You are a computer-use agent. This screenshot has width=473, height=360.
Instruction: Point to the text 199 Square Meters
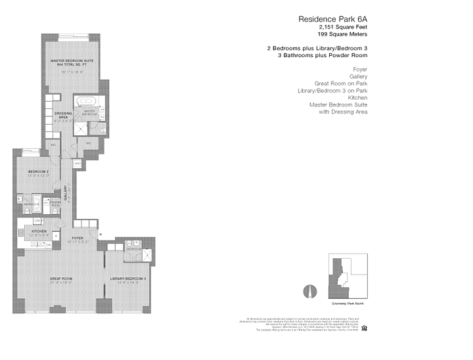pyautogui.click(x=342, y=34)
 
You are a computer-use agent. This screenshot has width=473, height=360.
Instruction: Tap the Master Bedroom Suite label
pyautogui.click(x=72, y=60)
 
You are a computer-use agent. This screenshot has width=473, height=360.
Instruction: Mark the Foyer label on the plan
pyautogui.click(x=78, y=237)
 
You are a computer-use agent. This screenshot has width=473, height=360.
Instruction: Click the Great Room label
pyautogui.click(x=61, y=279)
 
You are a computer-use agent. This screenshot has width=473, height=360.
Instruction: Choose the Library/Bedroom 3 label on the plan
pyautogui.click(x=129, y=279)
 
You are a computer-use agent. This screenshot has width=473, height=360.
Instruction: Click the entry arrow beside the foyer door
pyautogui.click(x=101, y=234)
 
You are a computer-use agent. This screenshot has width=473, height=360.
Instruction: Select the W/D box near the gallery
pyautogui.click(x=77, y=163)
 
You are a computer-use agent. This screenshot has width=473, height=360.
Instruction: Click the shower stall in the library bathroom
pyautogui.click(x=146, y=256)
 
